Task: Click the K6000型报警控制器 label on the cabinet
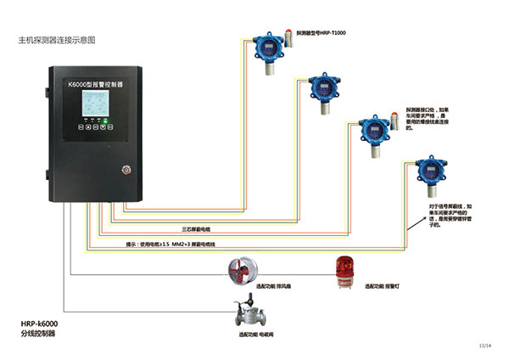pyautogui.click(x=96, y=84)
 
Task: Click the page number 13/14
pyautogui.click(x=484, y=346)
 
